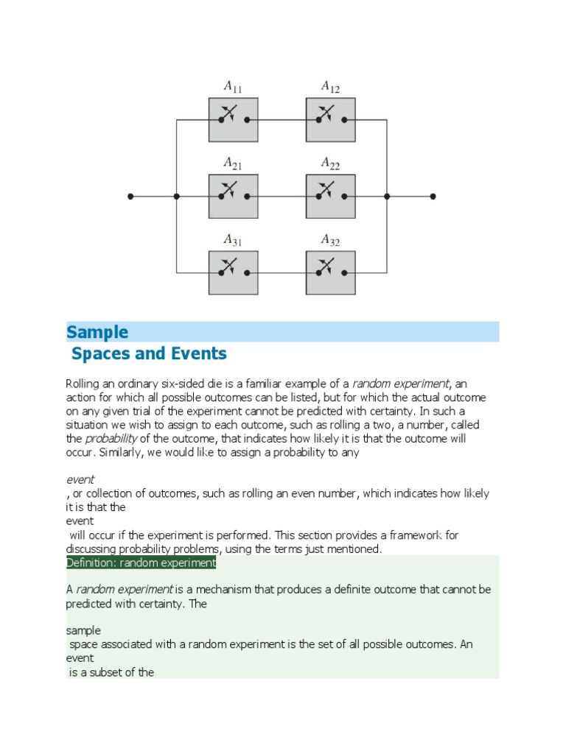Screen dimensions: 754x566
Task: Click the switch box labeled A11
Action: click(x=233, y=119)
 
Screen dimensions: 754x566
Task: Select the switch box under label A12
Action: click(x=331, y=119)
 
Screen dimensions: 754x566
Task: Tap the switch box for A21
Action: click(x=233, y=197)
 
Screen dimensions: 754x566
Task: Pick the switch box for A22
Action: click(x=331, y=197)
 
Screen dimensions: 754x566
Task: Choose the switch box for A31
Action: click(x=233, y=272)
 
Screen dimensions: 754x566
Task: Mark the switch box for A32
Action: click(x=331, y=272)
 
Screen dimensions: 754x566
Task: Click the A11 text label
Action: click(x=233, y=88)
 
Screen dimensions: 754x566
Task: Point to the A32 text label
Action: click(x=330, y=239)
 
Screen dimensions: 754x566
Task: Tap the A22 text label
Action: click(x=330, y=163)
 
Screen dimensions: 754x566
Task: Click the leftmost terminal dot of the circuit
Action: click(x=130, y=197)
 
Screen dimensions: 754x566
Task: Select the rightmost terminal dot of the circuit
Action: click(x=433, y=197)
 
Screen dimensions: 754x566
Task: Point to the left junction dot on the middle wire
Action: click(x=176, y=197)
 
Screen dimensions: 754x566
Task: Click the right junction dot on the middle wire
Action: click(x=387, y=197)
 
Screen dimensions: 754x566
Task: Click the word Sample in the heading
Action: click(x=97, y=332)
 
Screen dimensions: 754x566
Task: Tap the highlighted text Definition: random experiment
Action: click(x=141, y=563)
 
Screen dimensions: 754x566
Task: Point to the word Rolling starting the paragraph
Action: click(x=84, y=384)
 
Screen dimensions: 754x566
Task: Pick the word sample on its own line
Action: click(x=83, y=631)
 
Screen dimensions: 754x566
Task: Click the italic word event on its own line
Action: click(x=80, y=479)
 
